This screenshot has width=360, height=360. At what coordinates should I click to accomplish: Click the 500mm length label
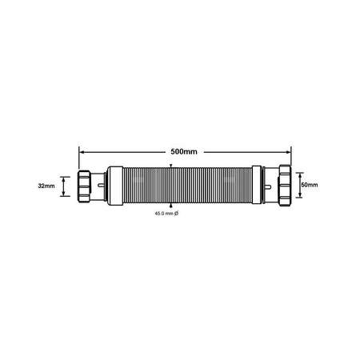coord(183,150)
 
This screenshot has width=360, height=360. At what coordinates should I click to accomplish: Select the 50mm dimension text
coord(309,185)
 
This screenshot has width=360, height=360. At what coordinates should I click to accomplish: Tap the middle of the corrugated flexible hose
coord(184,186)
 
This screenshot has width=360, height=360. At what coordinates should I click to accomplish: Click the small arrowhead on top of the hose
coord(170,165)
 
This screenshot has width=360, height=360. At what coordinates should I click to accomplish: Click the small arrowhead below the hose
coord(170,206)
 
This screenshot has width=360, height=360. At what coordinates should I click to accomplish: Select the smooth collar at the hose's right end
coord(258,186)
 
